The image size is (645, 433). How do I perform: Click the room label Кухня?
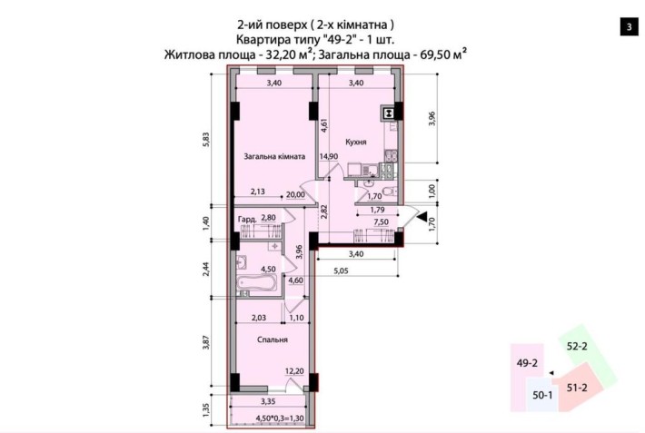click(x=356, y=143)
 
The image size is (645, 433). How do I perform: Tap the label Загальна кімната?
click(x=273, y=156)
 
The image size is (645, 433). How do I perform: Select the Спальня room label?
click(x=273, y=340)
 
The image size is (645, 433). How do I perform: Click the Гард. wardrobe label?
click(x=245, y=219)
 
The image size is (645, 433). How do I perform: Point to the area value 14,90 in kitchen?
click(x=328, y=156)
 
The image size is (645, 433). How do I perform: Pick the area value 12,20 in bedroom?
click(x=293, y=370)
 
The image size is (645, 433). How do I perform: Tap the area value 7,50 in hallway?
click(x=382, y=221)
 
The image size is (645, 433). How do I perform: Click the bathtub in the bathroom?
click(x=257, y=285)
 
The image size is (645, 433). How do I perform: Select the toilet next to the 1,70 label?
click(x=386, y=192)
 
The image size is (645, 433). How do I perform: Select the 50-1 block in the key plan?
click(x=543, y=396)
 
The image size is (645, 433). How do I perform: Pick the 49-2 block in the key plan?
click(x=528, y=363)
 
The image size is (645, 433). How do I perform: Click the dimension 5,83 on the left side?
click(x=207, y=138)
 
